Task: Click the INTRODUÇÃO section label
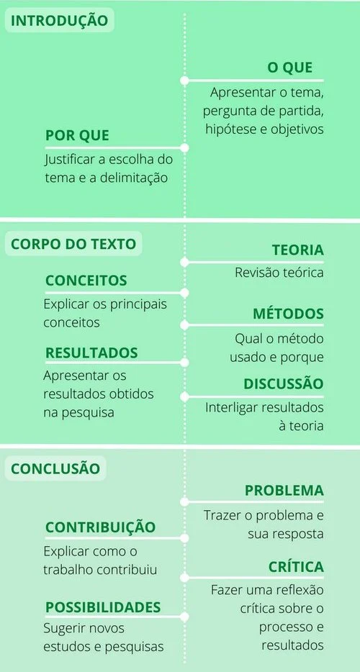point(59,21)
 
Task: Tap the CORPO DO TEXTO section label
point(73,244)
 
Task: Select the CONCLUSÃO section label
point(55,468)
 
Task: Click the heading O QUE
point(290,68)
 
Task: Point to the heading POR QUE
point(77,135)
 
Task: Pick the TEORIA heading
point(298,250)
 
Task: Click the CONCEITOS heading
point(86,281)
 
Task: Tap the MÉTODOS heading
point(288,313)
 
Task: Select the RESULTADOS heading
point(92,353)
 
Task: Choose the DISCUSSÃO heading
point(284,383)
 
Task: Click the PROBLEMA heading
point(284,491)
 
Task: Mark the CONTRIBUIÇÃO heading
point(100,527)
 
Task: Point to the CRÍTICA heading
point(296,566)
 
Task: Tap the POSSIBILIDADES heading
point(103,607)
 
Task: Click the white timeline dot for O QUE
point(184,81)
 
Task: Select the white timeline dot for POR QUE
point(184,148)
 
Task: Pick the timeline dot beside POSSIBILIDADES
point(184,617)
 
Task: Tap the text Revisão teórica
point(279,273)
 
